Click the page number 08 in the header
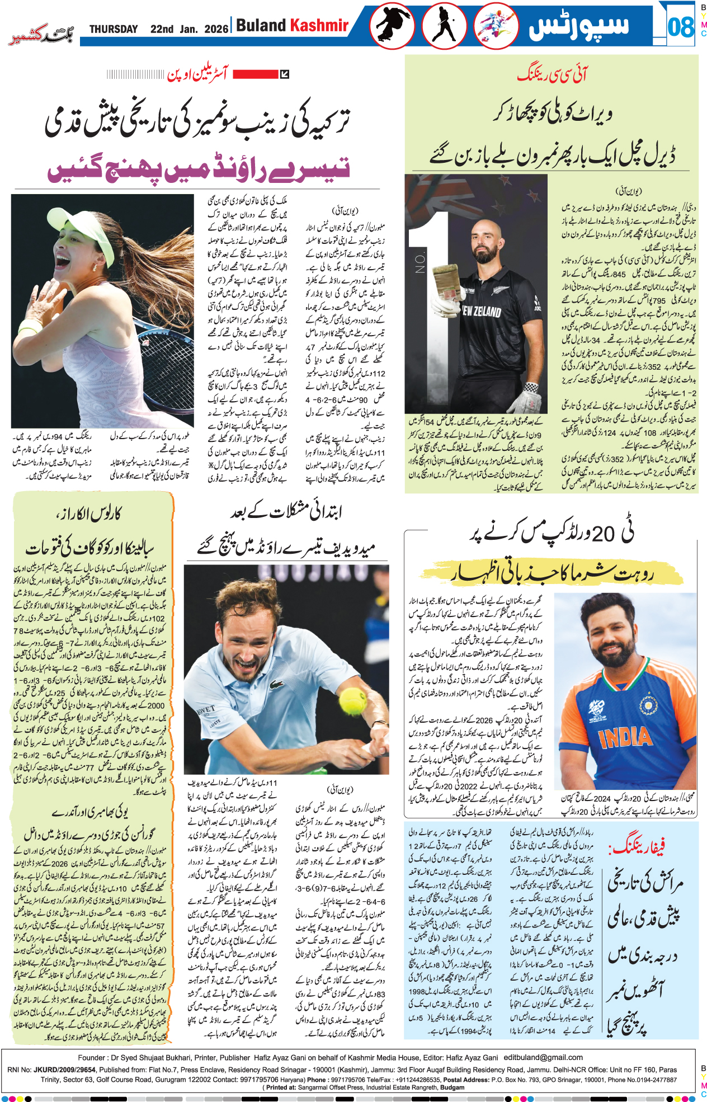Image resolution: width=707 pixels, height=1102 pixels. (680, 27)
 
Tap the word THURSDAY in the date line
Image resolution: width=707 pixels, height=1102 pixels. (114, 29)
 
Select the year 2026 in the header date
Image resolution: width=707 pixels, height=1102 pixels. (216, 29)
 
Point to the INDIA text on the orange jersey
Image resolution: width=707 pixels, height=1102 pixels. (625, 737)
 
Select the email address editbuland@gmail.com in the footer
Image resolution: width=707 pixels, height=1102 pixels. (543, 1057)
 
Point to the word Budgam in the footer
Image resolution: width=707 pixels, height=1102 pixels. (453, 1087)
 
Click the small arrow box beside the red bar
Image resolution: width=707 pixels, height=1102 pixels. (284, 74)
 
